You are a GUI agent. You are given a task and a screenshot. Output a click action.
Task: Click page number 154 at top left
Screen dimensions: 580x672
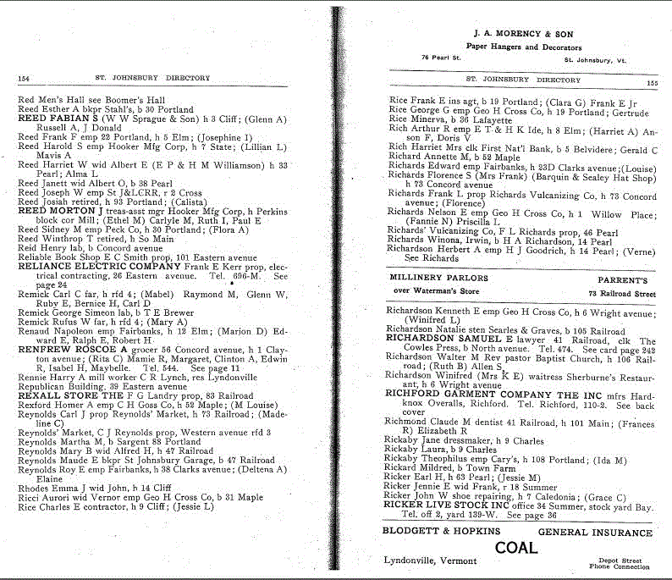24,79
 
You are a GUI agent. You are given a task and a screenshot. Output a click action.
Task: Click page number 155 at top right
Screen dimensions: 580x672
651,83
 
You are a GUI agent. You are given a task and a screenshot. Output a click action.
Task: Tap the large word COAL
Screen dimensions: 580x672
516,548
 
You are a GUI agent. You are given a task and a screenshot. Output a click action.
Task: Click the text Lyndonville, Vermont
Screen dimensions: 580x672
431,563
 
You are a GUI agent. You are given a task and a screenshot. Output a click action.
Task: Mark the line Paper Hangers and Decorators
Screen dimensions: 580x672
524,47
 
